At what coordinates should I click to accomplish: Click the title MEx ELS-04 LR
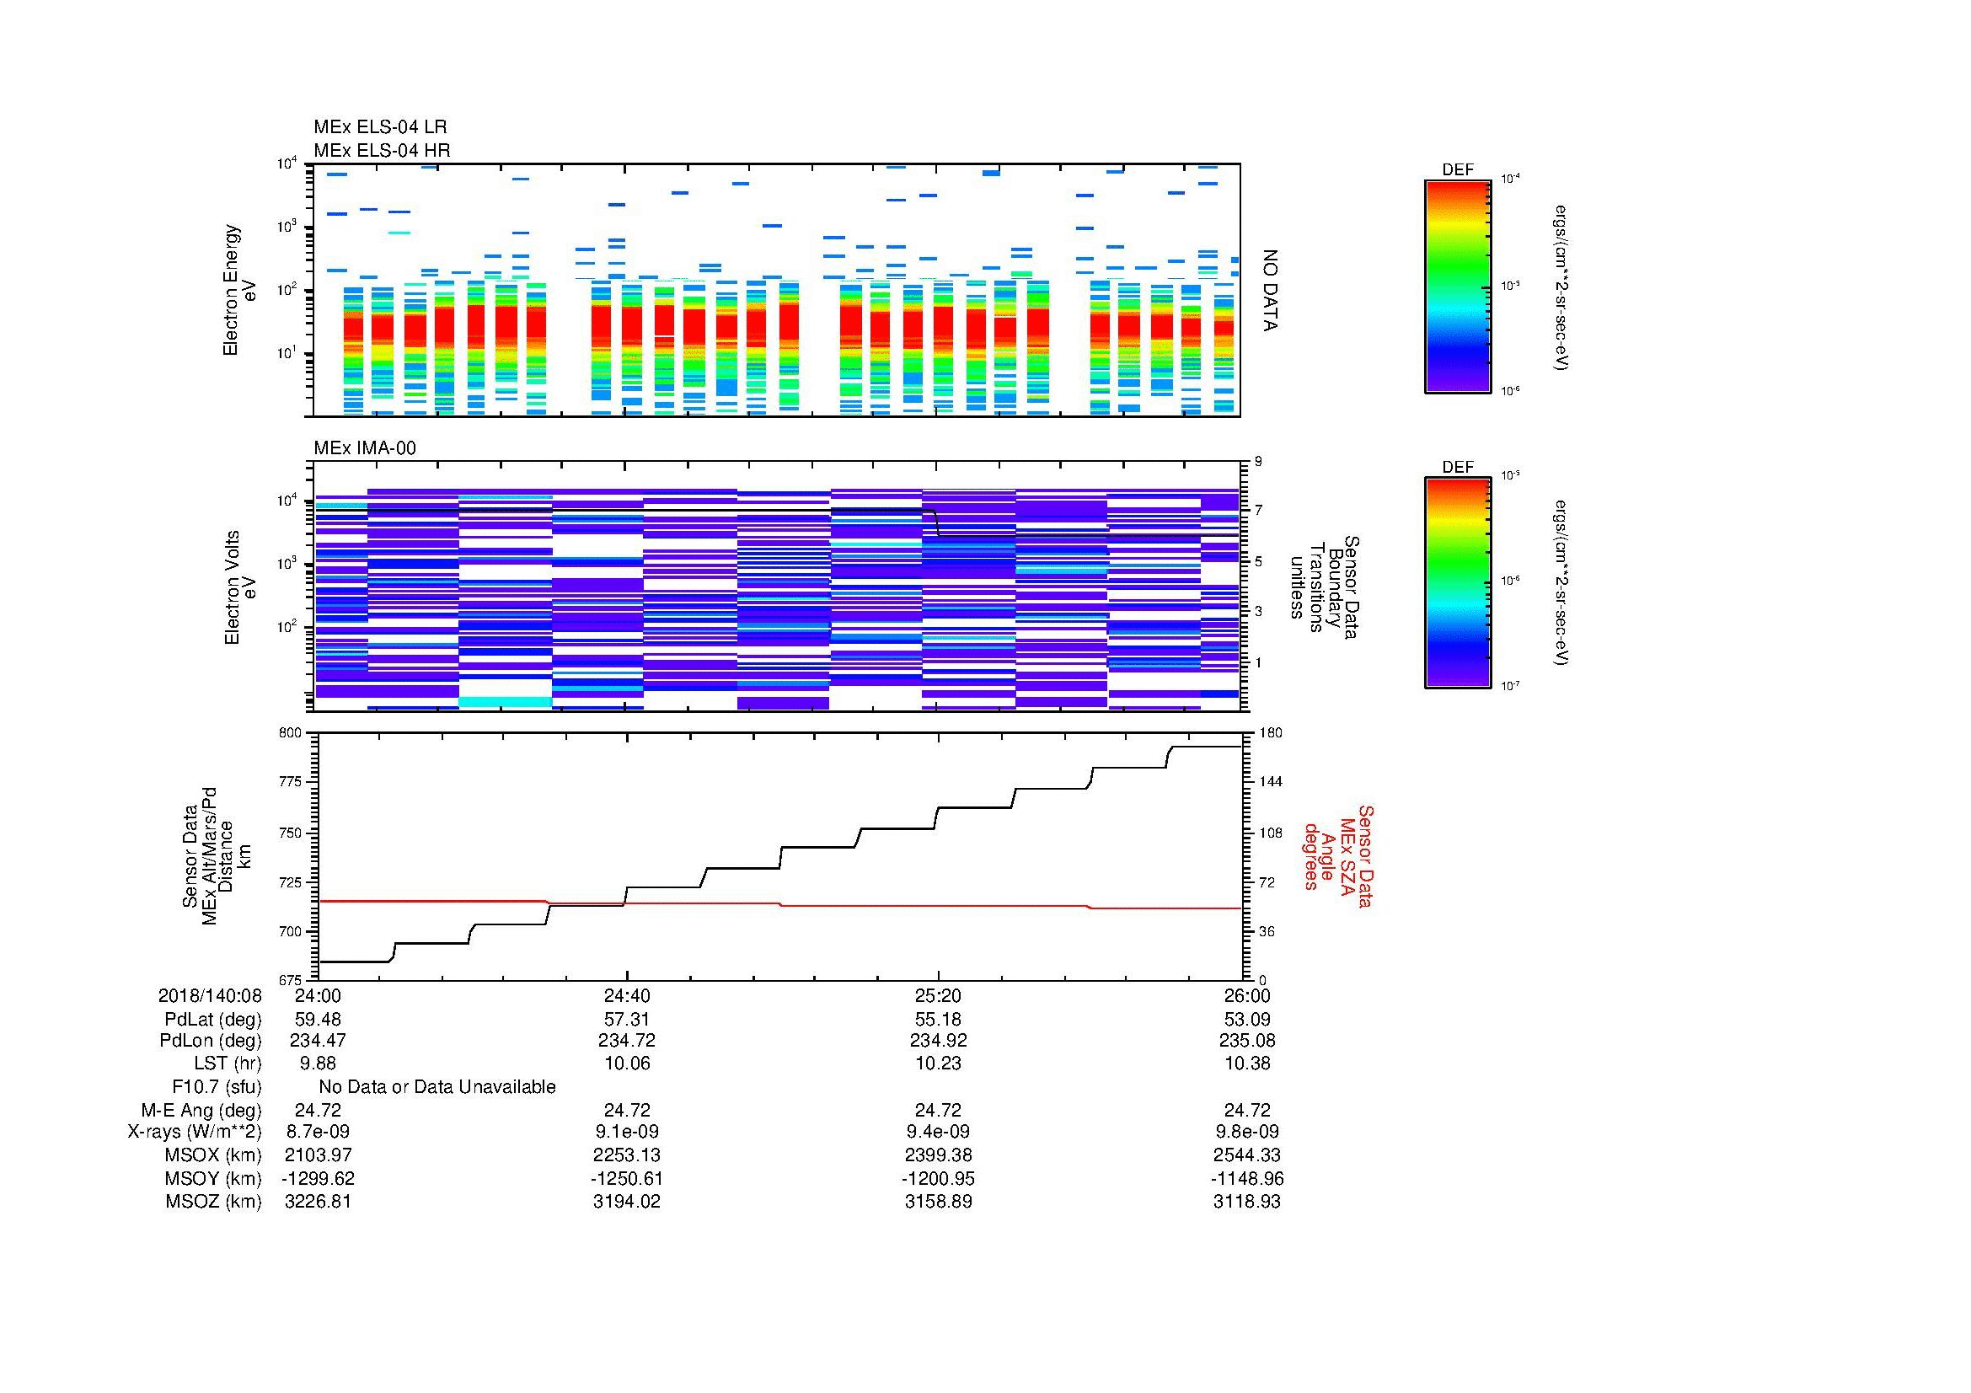tap(379, 127)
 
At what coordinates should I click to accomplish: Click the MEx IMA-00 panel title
tap(364, 448)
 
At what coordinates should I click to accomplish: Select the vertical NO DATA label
tap(1270, 291)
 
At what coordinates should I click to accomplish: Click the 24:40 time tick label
tap(627, 995)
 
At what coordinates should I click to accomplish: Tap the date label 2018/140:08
tap(210, 995)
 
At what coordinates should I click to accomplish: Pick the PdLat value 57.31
tap(627, 1019)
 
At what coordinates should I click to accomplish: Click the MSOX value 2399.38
tap(938, 1155)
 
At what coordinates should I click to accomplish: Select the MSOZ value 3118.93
tap(1246, 1202)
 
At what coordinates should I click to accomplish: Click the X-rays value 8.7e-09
tap(318, 1132)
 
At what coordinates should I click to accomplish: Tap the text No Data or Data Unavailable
tap(437, 1086)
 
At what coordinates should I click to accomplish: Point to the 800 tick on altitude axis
tap(291, 733)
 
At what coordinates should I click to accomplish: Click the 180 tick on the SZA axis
tap(1270, 733)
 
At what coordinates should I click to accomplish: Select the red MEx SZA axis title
tap(1337, 855)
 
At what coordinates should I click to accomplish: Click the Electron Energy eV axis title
tap(240, 290)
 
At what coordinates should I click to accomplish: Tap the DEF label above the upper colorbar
tap(1457, 170)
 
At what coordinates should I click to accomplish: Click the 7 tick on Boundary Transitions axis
tap(1258, 510)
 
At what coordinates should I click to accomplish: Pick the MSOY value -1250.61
tap(627, 1178)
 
